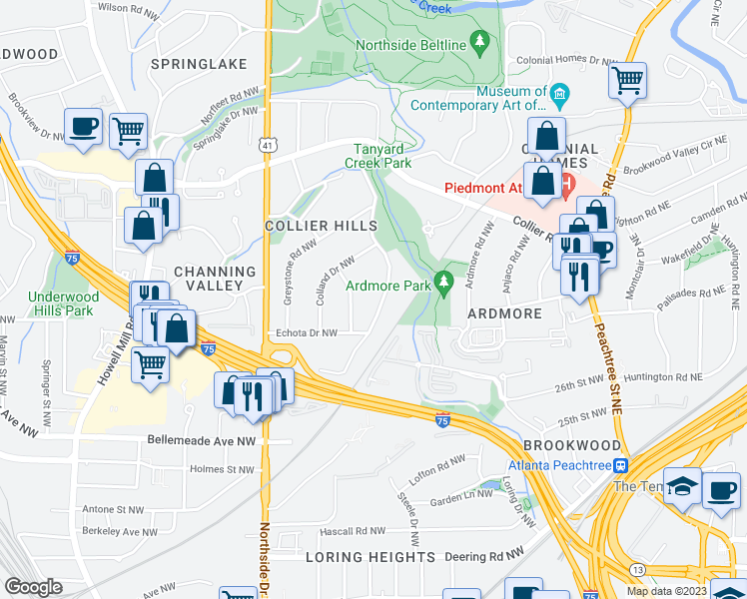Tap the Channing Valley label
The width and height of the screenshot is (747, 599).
pyautogui.click(x=215, y=279)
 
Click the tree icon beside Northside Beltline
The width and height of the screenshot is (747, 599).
pyautogui.click(x=482, y=42)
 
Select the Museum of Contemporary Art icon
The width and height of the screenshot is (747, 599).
pyautogui.click(x=559, y=97)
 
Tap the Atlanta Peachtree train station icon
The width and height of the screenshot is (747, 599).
pyautogui.click(x=620, y=465)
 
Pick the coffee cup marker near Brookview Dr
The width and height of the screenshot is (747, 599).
pyautogui.click(x=84, y=127)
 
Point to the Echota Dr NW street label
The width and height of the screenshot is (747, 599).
pyautogui.click(x=307, y=333)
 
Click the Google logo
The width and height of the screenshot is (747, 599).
pyautogui.click(x=33, y=587)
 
